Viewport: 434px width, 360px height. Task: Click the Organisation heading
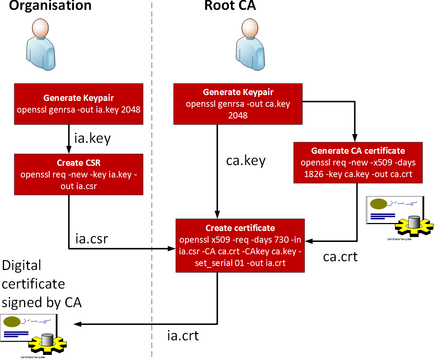[50, 5]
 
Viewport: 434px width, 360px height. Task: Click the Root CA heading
[230, 5]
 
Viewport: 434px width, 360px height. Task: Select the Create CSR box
[79, 174]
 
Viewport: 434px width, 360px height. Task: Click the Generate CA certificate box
[358, 162]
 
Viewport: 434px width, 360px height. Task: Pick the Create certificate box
[240, 245]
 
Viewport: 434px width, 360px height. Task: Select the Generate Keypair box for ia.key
[79, 103]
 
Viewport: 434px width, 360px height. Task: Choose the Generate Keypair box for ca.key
[238, 103]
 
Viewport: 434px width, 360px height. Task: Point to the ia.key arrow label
[92, 139]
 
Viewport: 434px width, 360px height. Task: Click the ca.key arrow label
[246, 160]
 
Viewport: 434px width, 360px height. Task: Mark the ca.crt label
[340, 257]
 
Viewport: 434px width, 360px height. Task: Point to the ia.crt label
[183, 335]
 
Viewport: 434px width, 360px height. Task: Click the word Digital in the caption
[21, 265]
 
